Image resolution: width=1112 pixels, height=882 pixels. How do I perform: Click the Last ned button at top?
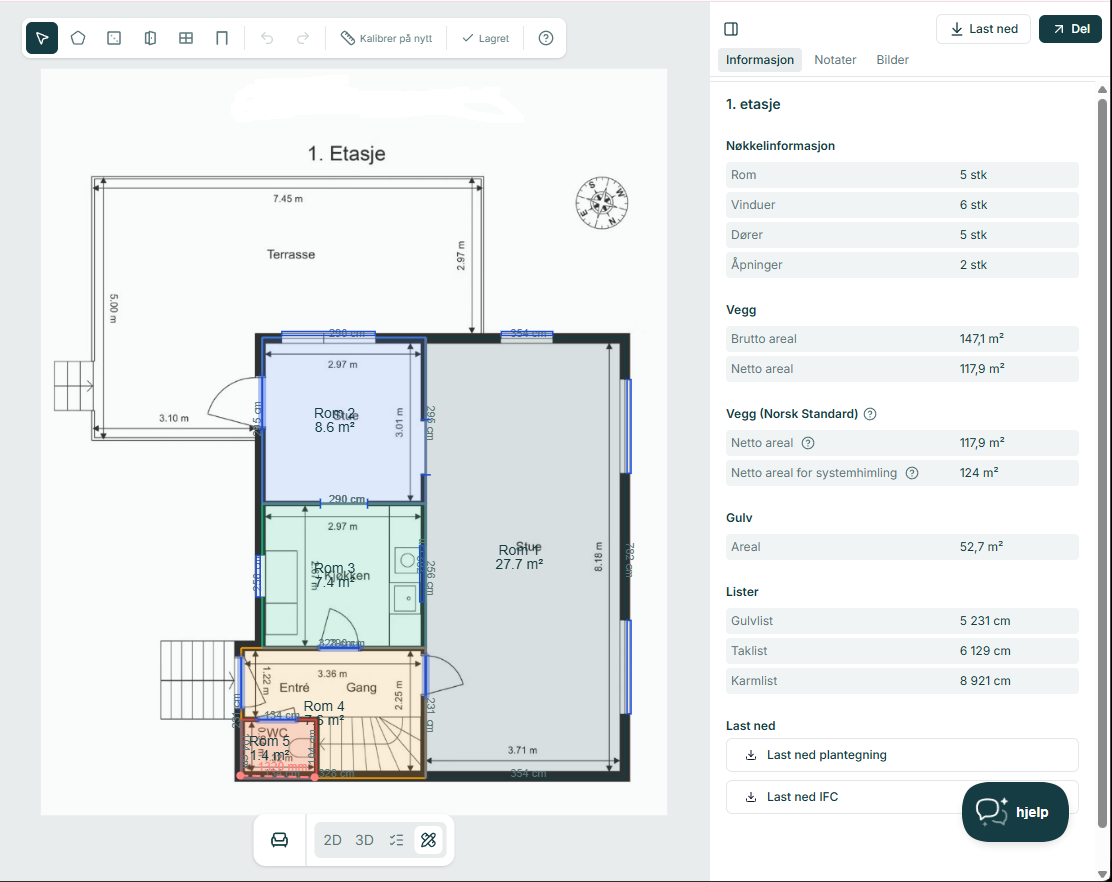[x=983, y=29]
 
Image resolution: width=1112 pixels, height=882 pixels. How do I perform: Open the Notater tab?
[x=835, y=60]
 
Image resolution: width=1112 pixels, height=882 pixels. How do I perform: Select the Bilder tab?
[x=892, y=60]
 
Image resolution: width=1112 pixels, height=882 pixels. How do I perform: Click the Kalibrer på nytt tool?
[x=386, y=38]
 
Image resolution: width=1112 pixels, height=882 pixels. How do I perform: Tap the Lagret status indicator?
[x=486, y=38]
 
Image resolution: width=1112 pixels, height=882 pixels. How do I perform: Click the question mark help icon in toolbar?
[x=546, y=38]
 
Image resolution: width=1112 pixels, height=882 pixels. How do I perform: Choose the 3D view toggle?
[x=364, y=840]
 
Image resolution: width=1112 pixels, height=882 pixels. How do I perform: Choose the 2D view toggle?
[x=332, y=840]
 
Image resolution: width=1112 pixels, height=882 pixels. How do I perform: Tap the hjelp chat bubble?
[x=1014, y=811]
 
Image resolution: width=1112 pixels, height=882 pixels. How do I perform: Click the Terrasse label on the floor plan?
[x=291, y=254]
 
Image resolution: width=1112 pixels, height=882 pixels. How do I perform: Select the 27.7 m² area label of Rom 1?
[x=519, y=564]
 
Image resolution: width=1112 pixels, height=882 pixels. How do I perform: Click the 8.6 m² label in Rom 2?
[x=335, y=427]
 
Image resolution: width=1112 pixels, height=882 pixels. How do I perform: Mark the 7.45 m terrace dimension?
[x=288, y=199]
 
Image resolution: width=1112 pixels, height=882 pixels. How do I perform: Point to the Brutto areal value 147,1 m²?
[x=982, y=339]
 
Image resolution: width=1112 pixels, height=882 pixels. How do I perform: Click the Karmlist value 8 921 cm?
[x=984, y=681]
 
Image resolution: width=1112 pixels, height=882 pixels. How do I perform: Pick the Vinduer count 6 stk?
[x=973, y=205]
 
